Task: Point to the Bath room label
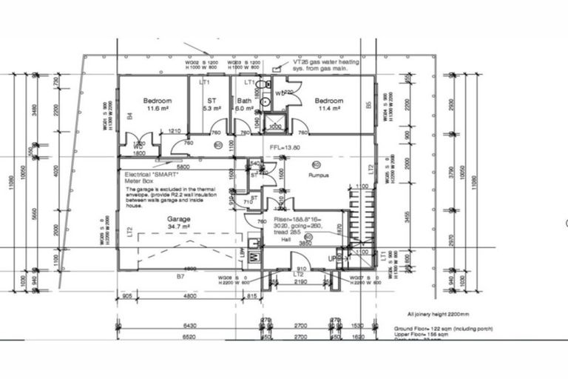tap(243, 101)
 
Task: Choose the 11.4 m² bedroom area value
tap(328, 109)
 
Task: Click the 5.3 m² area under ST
tap(212, 109)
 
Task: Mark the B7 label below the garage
tap(179, 276)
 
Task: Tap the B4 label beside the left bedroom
tap(129, 115)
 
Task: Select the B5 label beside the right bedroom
tap(368, 106)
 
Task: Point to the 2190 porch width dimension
tap(300, 282)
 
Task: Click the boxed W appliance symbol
tap(254, 257)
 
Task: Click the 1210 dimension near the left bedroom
tap(175, 131)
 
